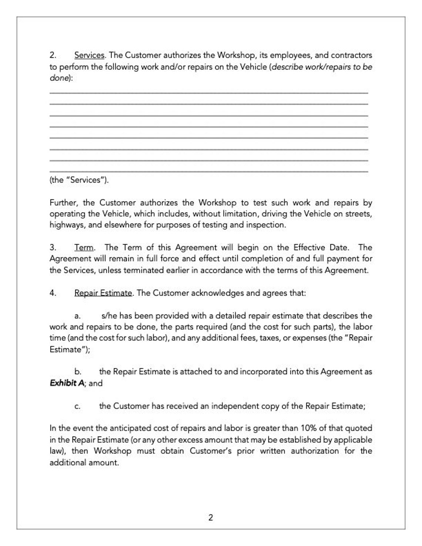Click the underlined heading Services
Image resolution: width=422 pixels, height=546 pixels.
(90, 55)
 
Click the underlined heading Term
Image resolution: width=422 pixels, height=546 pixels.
(84, 247)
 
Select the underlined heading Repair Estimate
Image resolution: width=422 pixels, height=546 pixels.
(103, 293)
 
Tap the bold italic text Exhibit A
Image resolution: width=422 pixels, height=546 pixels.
(67, 383)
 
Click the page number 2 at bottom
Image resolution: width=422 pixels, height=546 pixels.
(211, 517)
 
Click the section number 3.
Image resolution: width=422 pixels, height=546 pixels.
(53, 247)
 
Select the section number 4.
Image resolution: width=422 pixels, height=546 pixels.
(53, 293)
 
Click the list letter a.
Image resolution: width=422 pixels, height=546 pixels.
(77, 316)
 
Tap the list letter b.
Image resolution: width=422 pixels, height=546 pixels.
(78, 372)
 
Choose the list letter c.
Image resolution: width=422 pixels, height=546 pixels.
(77, 406)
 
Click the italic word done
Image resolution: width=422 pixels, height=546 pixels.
(59, 78)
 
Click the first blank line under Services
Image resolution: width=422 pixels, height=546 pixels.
(209, 92)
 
